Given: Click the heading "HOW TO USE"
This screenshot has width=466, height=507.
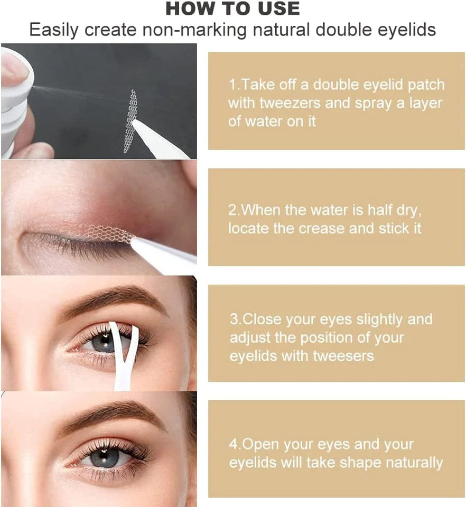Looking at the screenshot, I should coord(232,8).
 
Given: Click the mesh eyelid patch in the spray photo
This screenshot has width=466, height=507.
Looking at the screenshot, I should coord(130,121).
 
